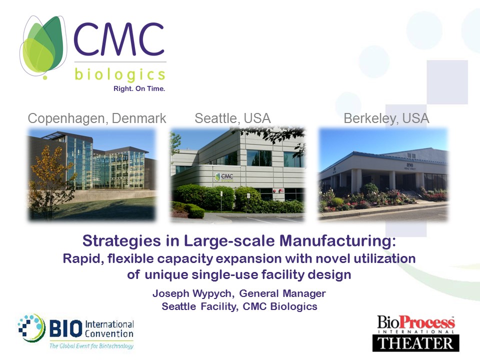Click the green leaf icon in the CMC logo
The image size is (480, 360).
pos(43,46)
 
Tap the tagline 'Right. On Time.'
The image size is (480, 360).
pos(139,89)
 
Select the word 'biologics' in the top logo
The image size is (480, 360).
pos(120,74)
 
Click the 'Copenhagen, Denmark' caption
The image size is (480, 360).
pos(96,118)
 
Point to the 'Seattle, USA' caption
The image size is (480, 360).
pos(232,118)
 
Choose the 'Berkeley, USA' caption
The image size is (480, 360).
pos(386,118)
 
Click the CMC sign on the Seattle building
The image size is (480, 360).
pos(224,177)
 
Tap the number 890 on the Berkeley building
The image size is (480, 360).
pos(409,165)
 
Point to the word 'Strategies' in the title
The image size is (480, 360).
pos(121,241)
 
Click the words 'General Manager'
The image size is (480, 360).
pos(282,293)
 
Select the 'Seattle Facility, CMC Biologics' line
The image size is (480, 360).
pos(239,306)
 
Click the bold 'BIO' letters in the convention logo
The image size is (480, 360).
pos(66,328)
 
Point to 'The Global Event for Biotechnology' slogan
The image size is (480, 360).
pos(91,346)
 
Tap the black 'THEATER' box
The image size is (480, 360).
pos(415,343)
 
